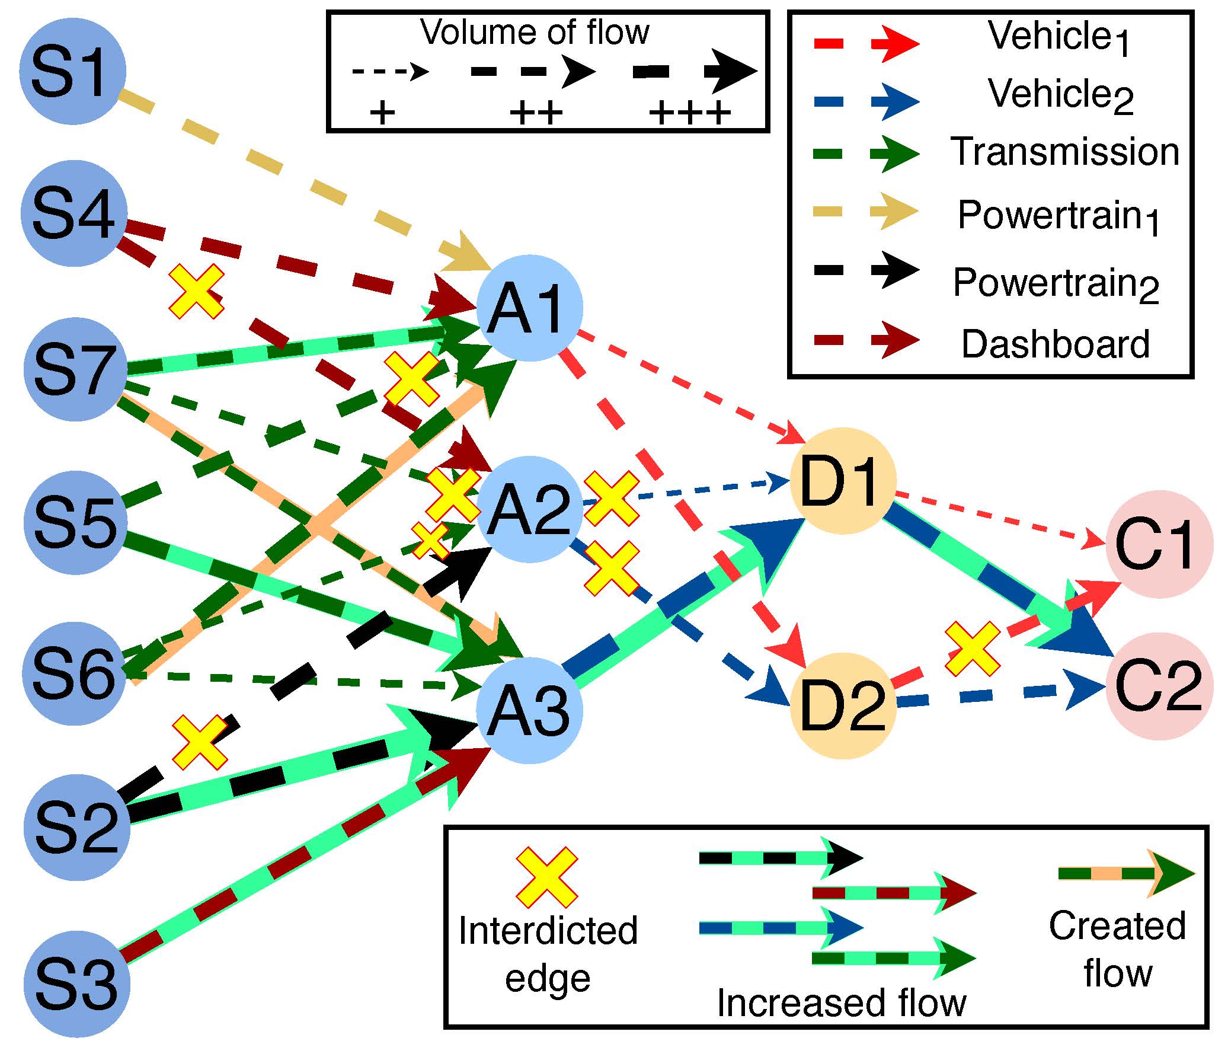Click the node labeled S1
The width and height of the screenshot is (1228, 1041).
point(72,71)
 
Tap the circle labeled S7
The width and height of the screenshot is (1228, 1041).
point(75,369)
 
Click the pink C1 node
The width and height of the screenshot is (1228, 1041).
point(1157,542)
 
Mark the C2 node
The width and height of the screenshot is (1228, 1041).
point(1159,686)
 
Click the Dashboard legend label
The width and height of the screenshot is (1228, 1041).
point(1055,344)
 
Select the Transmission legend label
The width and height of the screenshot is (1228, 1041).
point(1065,152)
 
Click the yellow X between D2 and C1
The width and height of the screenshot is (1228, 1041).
point(972,648)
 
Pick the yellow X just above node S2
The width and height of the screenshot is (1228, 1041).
point(200,742)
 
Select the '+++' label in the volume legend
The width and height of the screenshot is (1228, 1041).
point(689,113)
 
